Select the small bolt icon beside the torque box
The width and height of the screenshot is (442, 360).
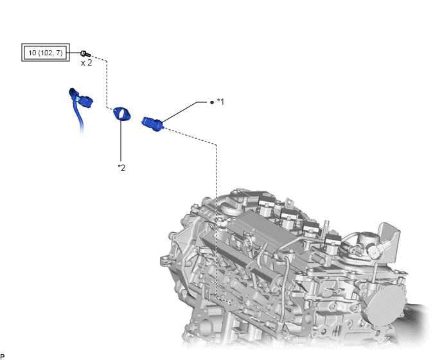pos(85,53)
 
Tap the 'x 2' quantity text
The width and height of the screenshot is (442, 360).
pos(86,63)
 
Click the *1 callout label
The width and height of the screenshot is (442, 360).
pos(220,102)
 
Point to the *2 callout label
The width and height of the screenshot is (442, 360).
pos(121,168)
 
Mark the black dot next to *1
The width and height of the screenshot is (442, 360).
pos(212,102)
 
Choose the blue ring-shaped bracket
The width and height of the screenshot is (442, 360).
pos(122,114)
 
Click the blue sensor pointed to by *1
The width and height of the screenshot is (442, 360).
pos(152,125)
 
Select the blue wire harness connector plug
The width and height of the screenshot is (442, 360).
pos(84,101)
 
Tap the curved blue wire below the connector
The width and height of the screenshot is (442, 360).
pos(78,113)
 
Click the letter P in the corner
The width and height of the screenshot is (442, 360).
pos(3,357)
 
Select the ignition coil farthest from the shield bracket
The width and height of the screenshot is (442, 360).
pos(266,203)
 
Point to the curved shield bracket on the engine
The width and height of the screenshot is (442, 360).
pos(389,240)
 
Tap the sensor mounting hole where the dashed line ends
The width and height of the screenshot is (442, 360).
pos(232,303)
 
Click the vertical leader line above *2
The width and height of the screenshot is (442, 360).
pos(121,141)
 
